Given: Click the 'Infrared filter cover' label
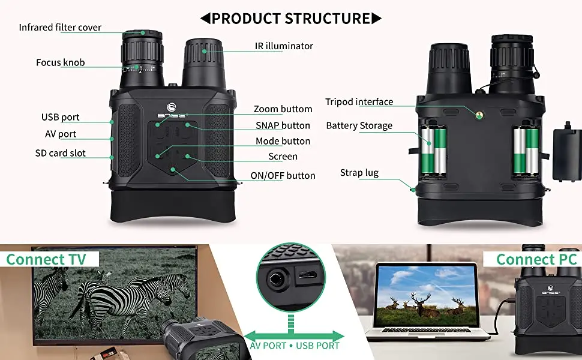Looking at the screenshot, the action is coord(60,28).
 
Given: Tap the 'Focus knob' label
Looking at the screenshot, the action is coord(60,62).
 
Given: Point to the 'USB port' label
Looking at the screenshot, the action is coord(60,117).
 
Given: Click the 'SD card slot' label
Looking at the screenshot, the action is coord(60,153).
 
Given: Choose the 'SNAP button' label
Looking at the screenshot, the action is coord(283,125).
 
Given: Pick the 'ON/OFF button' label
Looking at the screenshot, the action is coord(283,175).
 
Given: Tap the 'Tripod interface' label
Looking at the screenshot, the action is coord(359,101).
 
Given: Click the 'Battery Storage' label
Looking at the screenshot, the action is coord(359,125).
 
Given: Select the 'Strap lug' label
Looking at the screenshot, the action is coord(359,173).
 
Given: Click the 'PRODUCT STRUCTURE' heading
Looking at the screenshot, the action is coord(291,18).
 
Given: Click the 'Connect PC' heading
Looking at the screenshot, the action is coord(536,259).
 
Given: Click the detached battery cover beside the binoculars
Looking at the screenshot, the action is coord(566,153).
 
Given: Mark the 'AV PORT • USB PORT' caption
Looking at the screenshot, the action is coord(294,345).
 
